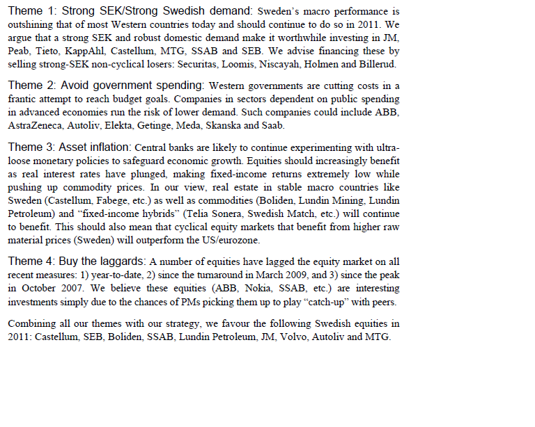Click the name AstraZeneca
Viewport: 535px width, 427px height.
click(x=36, y=126)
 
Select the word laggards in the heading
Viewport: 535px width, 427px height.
click(x=122, y=261)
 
